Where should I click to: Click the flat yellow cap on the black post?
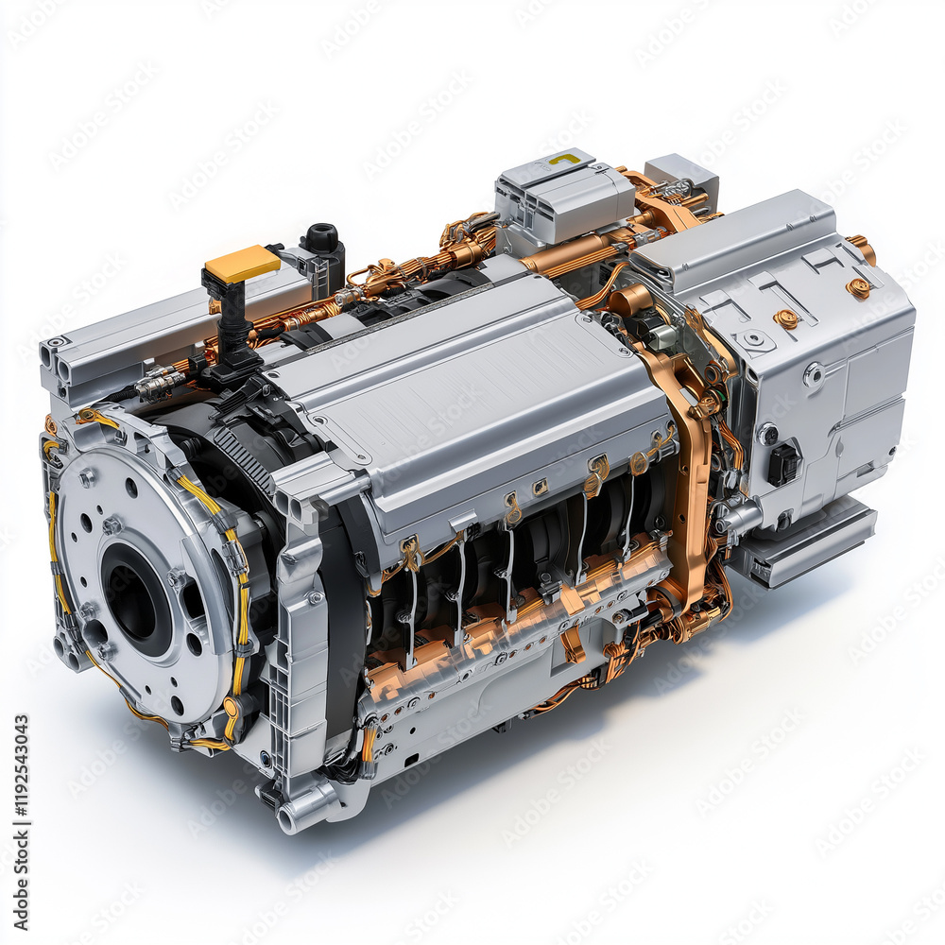point(241,264)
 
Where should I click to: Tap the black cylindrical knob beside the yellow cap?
point(322,238)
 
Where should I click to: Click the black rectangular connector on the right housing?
point(783,464)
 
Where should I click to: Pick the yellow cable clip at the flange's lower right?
point(232,709)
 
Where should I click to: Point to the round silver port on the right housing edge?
point(813,376)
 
